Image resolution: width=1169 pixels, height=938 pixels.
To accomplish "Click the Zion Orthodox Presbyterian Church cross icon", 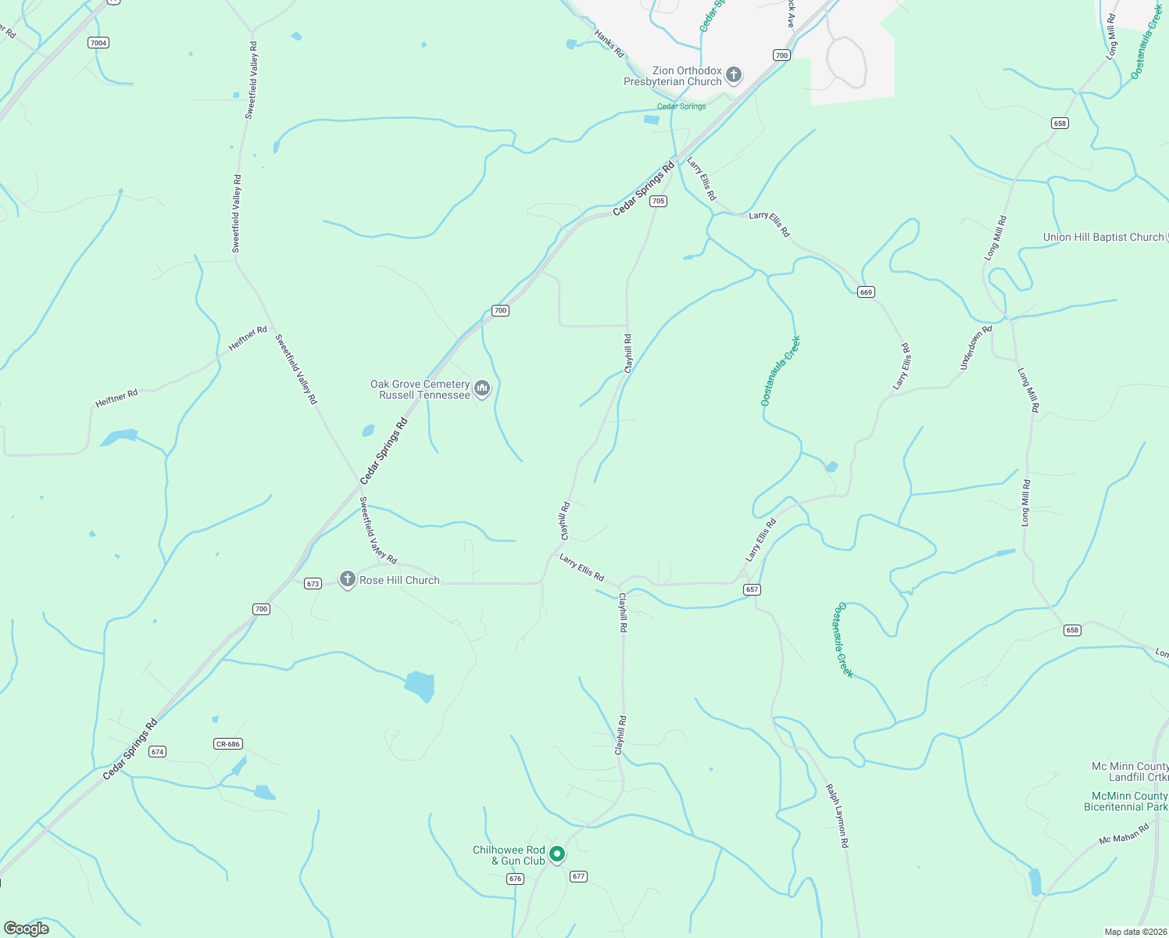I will [x=733, y=75].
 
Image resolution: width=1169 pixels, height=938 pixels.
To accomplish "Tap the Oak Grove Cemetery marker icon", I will [x=482, y=388].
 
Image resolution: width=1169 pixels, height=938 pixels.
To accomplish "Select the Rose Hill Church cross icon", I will [x=348, y=579].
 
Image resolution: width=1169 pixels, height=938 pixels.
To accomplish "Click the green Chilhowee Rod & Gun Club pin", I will [x=556, y=854].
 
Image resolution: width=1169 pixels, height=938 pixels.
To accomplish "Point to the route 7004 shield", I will [x=98, y=43].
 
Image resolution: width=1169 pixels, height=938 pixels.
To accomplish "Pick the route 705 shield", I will [x=658, y=201].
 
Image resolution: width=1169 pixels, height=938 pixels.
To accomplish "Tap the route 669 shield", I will [x=865, y=292].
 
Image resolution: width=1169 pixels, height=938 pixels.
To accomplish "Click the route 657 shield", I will [x=752, y=589].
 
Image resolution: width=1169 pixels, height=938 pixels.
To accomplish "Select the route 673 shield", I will [x=313, y=584].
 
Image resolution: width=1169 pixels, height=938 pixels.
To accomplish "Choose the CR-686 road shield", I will [x=227, y=744].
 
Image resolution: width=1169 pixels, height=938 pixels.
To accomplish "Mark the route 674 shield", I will [x=158, y=752].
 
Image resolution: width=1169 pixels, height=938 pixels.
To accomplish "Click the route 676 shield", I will [x=514, y=879].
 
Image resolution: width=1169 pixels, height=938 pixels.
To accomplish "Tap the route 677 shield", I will [x=578, y=876].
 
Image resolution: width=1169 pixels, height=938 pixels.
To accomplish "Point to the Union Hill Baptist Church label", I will [x=1103, y=237].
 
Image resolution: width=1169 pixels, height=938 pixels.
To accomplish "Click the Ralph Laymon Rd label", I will [x=837, y=816].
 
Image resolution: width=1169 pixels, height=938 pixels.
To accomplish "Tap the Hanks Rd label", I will [x=610, y=44].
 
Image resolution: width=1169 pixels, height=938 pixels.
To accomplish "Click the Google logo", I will [x=27, y=929].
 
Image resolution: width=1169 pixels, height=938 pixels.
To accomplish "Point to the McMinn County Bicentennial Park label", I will [x=1125, y=801].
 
